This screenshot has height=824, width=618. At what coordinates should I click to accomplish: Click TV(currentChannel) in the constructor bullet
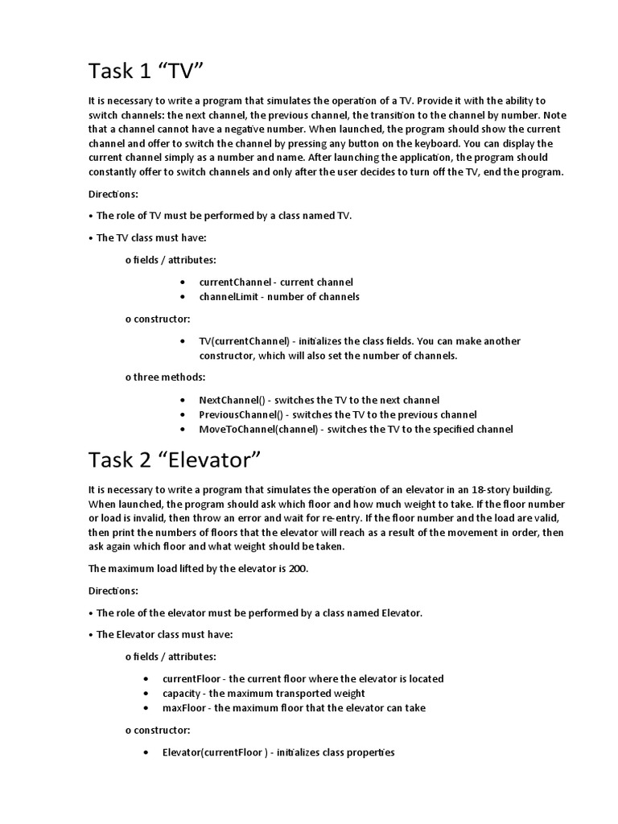pos(244,341)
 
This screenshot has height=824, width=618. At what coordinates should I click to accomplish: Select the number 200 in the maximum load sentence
pos(298,569)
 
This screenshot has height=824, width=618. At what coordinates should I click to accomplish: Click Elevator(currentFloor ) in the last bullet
pos(214,752)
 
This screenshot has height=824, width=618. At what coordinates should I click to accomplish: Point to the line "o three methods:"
pos(165,377)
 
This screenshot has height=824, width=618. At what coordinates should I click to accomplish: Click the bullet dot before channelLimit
pos(183,297)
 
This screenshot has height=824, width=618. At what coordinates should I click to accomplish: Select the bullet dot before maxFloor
pos(146,708)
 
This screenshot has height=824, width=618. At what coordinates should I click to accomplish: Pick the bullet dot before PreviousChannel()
pos(183,414)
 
